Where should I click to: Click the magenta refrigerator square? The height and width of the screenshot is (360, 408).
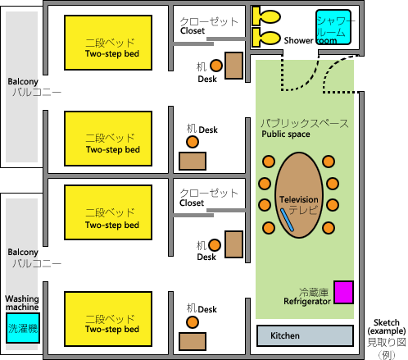point(344,292)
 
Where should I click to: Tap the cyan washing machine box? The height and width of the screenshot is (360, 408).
point(23,328)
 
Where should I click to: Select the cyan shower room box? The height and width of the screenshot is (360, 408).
point(333,27)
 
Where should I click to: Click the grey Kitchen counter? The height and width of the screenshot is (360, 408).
point(305,335)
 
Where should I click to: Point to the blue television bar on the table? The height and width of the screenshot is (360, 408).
point(287,220)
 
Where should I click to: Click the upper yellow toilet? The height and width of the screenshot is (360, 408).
point(266,16)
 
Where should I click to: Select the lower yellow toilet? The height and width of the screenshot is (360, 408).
point(266,38)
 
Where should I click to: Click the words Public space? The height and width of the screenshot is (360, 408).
point(286,134)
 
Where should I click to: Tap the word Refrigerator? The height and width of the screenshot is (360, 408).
point(307,302)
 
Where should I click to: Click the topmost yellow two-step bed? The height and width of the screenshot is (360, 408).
point(108,43)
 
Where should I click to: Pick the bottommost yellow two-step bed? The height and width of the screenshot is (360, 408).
point(108,319)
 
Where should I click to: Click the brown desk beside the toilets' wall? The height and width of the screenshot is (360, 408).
point(233,66)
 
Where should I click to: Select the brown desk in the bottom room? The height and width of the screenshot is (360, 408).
point(193,341)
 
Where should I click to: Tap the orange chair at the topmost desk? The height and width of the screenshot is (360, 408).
point(216,66)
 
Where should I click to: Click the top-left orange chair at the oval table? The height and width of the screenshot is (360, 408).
point(269,162)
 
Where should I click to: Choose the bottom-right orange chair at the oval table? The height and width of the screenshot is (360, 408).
point(329,228)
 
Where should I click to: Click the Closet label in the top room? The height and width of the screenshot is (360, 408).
point(193,31)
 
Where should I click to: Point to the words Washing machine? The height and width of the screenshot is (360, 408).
point(22,303)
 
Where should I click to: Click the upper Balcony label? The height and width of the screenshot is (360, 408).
point(23,82)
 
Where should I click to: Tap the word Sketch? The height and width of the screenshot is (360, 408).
point(387,322)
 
